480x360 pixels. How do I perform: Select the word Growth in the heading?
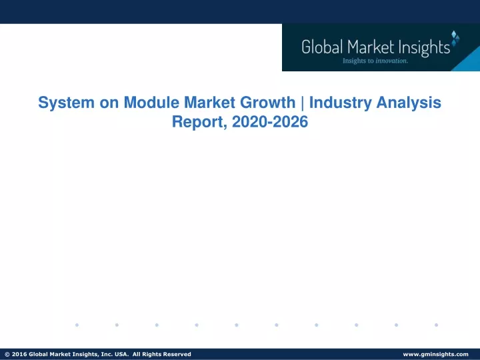[267, 102]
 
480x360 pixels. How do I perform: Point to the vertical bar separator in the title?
[303, 103]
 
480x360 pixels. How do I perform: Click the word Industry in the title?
[341, 103]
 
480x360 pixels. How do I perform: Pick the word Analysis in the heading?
[409, 103]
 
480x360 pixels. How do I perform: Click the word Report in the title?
[199, 122]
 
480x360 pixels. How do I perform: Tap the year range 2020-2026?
[270, 121]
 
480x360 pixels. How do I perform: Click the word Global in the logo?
[322, 47]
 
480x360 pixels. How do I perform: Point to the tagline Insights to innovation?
[375, 61]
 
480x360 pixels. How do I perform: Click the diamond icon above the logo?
[455, 38]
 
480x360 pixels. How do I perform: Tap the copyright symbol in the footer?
[7, 354]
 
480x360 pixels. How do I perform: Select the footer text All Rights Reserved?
[161, 354]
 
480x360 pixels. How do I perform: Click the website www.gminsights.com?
[435, 354]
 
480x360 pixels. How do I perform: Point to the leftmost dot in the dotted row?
[77, 325]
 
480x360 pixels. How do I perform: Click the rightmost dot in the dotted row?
[436, 325]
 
